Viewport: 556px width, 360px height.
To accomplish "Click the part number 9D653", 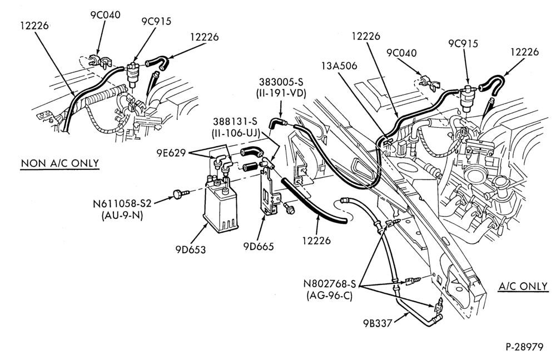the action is [x=190, y=249].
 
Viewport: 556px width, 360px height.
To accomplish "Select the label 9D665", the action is [x=259, y=246].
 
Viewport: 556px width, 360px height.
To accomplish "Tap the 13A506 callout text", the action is [x=339, y=66].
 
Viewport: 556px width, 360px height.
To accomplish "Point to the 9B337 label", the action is [x=378, y=323].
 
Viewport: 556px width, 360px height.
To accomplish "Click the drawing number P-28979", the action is [x=524, y=347].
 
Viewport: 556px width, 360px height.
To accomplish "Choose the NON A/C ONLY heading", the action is [x=59, y=163].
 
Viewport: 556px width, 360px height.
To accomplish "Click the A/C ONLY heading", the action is [x=523, y=286].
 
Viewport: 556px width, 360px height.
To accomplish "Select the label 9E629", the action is [x=171, y=153].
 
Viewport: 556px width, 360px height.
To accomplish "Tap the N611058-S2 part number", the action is [x=122, y=203].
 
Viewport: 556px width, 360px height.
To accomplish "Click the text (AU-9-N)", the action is [x=122, y=215].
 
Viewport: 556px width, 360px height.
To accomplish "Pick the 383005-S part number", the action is [x=281, y=82].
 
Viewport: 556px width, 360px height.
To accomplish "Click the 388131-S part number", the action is [x=235, y=121].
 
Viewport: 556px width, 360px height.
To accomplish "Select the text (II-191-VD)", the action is [x=281, y=93].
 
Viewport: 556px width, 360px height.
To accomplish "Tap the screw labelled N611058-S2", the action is [x=180, y=193].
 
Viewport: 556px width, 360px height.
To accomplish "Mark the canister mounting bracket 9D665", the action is [x=270, y=191].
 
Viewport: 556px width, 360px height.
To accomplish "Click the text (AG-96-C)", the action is [x=329, y=296].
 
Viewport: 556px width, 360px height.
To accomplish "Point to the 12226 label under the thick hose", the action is [x=316, y=240].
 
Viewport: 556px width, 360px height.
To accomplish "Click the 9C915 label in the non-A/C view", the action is [x=156, y=21].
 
